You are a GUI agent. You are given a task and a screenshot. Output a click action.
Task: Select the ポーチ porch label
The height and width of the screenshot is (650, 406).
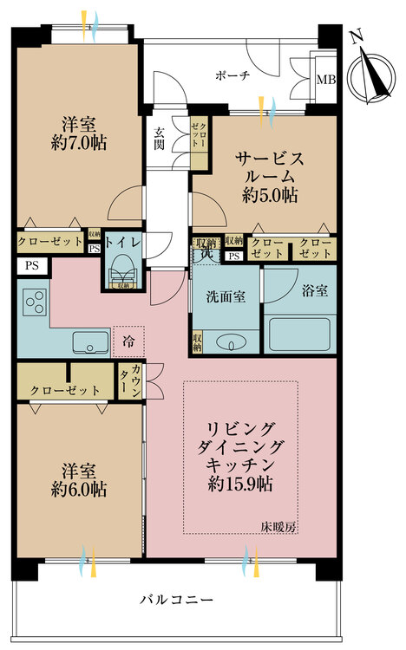[x=232, y=76]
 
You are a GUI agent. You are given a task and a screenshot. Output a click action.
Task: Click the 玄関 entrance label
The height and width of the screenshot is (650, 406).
[x=160, y=139]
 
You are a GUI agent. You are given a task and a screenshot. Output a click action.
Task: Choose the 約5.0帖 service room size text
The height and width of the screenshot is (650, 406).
[x=270, y=196]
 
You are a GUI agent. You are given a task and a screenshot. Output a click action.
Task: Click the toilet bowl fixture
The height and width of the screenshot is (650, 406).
[x=121, y=271]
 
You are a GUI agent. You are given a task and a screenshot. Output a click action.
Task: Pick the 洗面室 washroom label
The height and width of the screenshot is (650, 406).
[x=226, y=296]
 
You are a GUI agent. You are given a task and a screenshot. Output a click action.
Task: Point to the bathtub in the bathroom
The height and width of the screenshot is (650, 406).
[x=300, y=335]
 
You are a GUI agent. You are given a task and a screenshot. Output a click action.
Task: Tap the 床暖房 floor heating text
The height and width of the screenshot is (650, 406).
[x=278, y=526]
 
